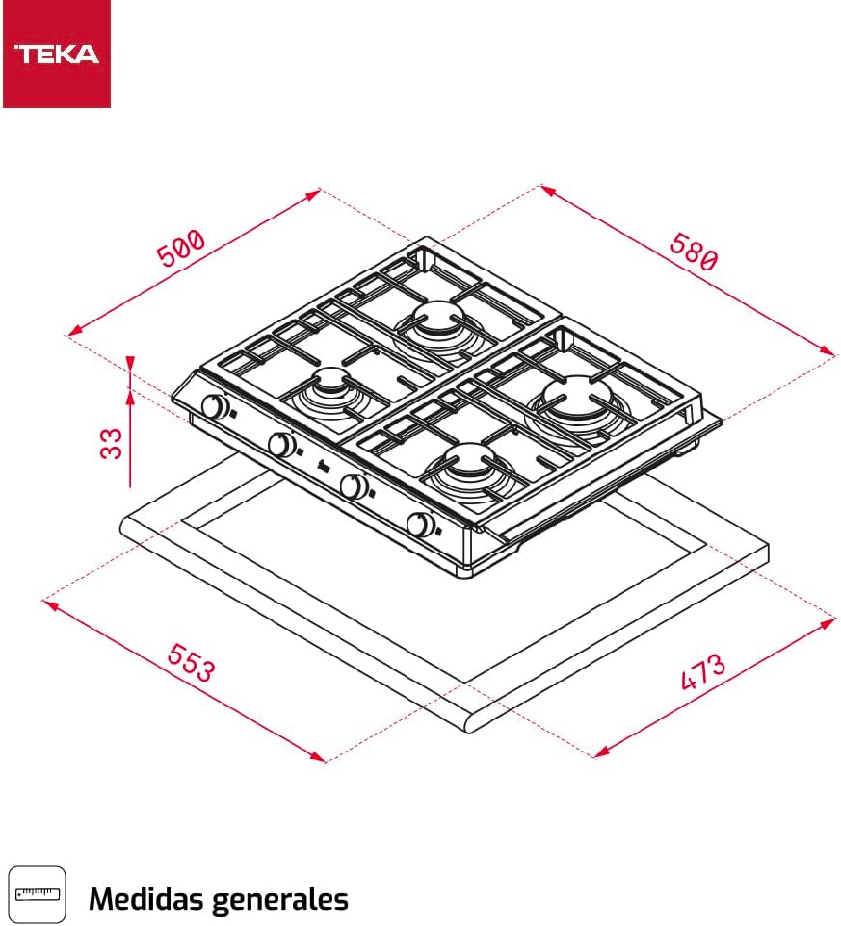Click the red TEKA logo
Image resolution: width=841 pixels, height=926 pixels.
click(56, 53)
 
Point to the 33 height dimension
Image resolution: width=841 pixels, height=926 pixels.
click(114, 443)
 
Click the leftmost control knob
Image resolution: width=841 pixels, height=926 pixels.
click(216, 408)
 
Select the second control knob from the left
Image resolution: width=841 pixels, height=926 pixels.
click(281, 445)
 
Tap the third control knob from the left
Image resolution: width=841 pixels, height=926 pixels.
click(355, 486)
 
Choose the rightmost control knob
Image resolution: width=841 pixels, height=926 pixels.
click(420, 525)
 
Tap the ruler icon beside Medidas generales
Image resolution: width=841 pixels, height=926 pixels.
click(37, 894)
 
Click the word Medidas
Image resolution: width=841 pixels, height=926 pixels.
click(145, 899)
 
